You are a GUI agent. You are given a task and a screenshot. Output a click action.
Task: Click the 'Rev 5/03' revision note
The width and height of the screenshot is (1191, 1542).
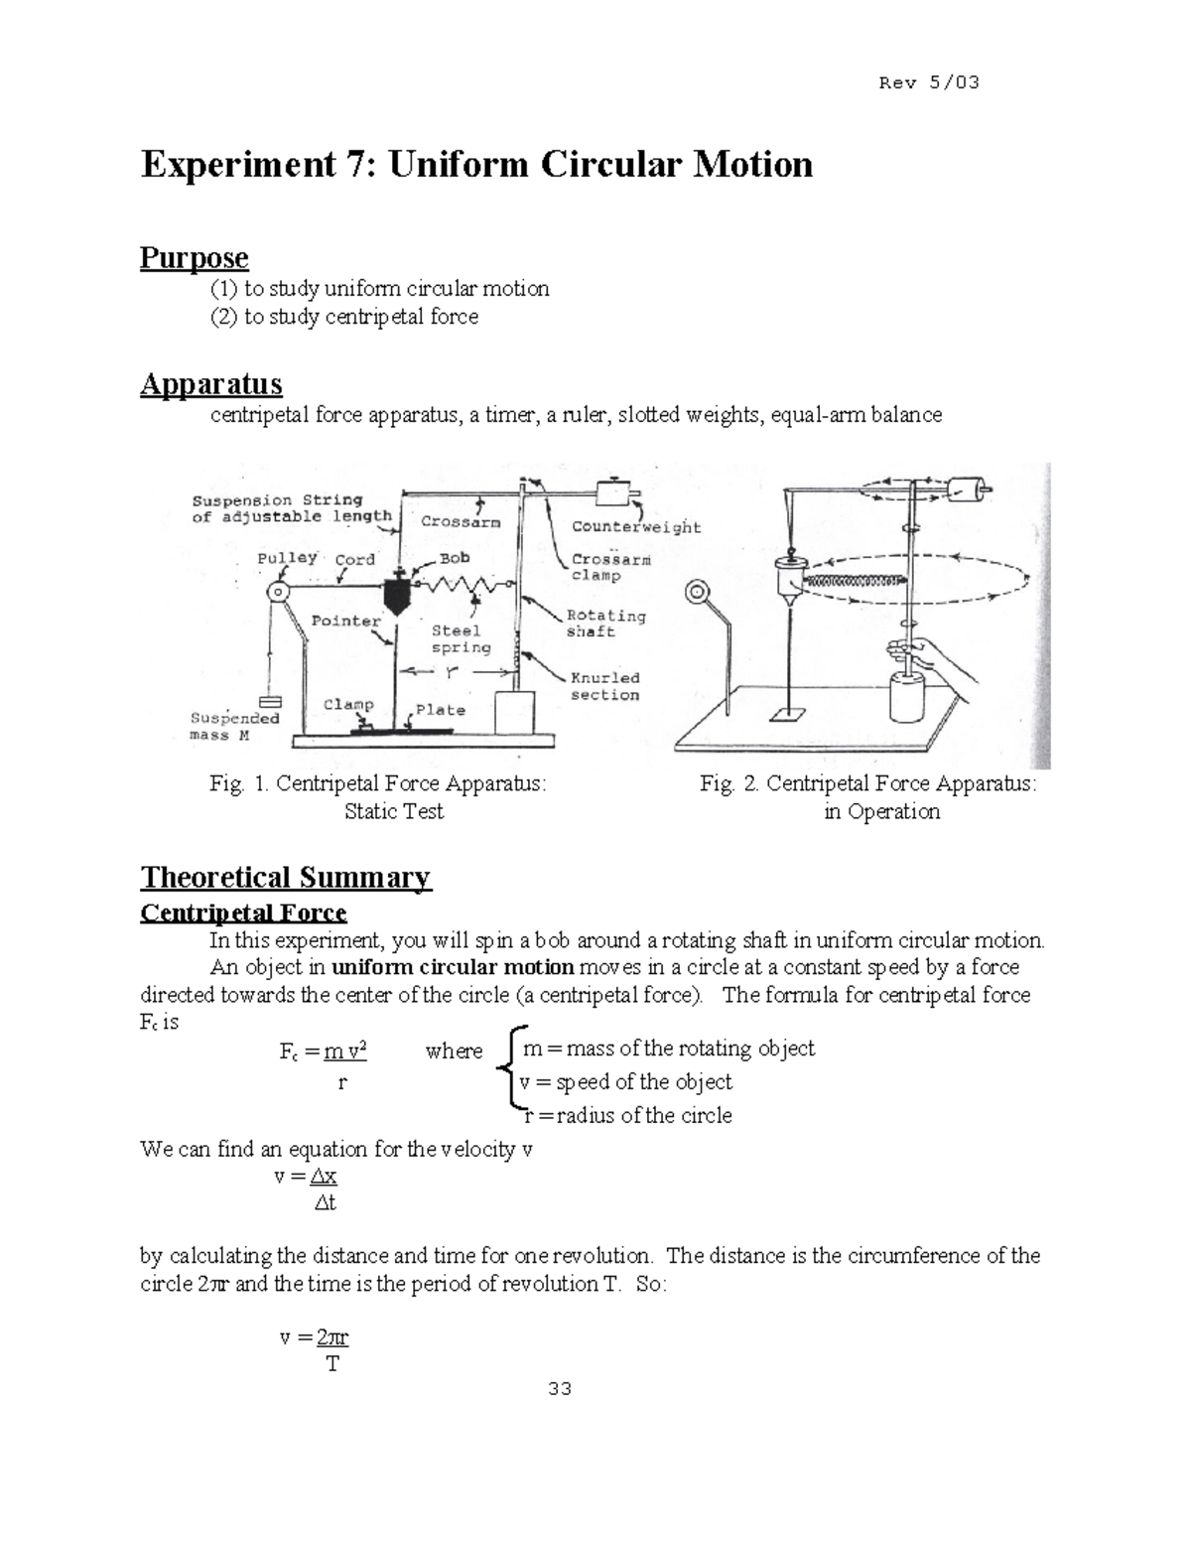click(929, 82)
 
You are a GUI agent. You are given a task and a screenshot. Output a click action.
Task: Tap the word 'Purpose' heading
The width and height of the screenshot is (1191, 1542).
click(194, 258)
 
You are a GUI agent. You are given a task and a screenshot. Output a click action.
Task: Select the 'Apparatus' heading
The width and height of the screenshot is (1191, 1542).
click(210, 383)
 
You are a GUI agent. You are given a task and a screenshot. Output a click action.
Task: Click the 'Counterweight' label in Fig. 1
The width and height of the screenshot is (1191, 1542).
click(636, 527)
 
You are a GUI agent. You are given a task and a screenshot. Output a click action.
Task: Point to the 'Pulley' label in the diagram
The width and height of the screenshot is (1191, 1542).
click(288, 559)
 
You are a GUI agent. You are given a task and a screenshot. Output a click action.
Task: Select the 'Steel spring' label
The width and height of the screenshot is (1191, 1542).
click(462, 638)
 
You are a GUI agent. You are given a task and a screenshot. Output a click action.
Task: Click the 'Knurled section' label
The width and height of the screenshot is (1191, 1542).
click(604, 686)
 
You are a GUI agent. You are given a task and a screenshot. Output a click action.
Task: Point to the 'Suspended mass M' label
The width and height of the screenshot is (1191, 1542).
click(234, 726)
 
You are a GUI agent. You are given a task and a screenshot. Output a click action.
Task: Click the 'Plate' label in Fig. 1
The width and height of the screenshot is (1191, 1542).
click(441, 710)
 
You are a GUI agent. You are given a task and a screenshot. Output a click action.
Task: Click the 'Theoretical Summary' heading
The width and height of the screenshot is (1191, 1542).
click(286, 877)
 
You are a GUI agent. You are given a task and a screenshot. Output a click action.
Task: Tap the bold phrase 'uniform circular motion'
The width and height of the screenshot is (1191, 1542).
click(453, 967)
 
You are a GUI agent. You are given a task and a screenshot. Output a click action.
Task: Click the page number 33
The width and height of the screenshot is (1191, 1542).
click(559, 1389)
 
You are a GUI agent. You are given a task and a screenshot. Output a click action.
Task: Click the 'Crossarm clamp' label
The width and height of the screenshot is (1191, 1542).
click(610, 567)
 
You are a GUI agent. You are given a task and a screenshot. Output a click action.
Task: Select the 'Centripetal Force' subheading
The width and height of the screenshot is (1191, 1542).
click(243, 912)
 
